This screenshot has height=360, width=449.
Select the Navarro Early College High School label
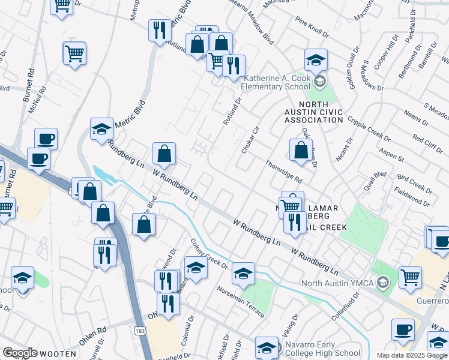click(323, 353)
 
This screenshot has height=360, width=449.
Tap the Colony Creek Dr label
click(209, 254)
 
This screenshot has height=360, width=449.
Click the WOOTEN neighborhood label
click(58, 354)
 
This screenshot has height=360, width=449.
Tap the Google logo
click(20, 353)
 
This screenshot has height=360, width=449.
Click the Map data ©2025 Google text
click(412, 355)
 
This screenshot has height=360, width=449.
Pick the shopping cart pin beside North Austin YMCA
click(411, 277)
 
